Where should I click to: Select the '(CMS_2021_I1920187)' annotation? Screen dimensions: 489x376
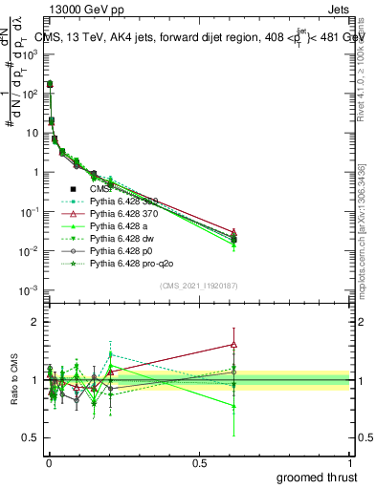point(198,286)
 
